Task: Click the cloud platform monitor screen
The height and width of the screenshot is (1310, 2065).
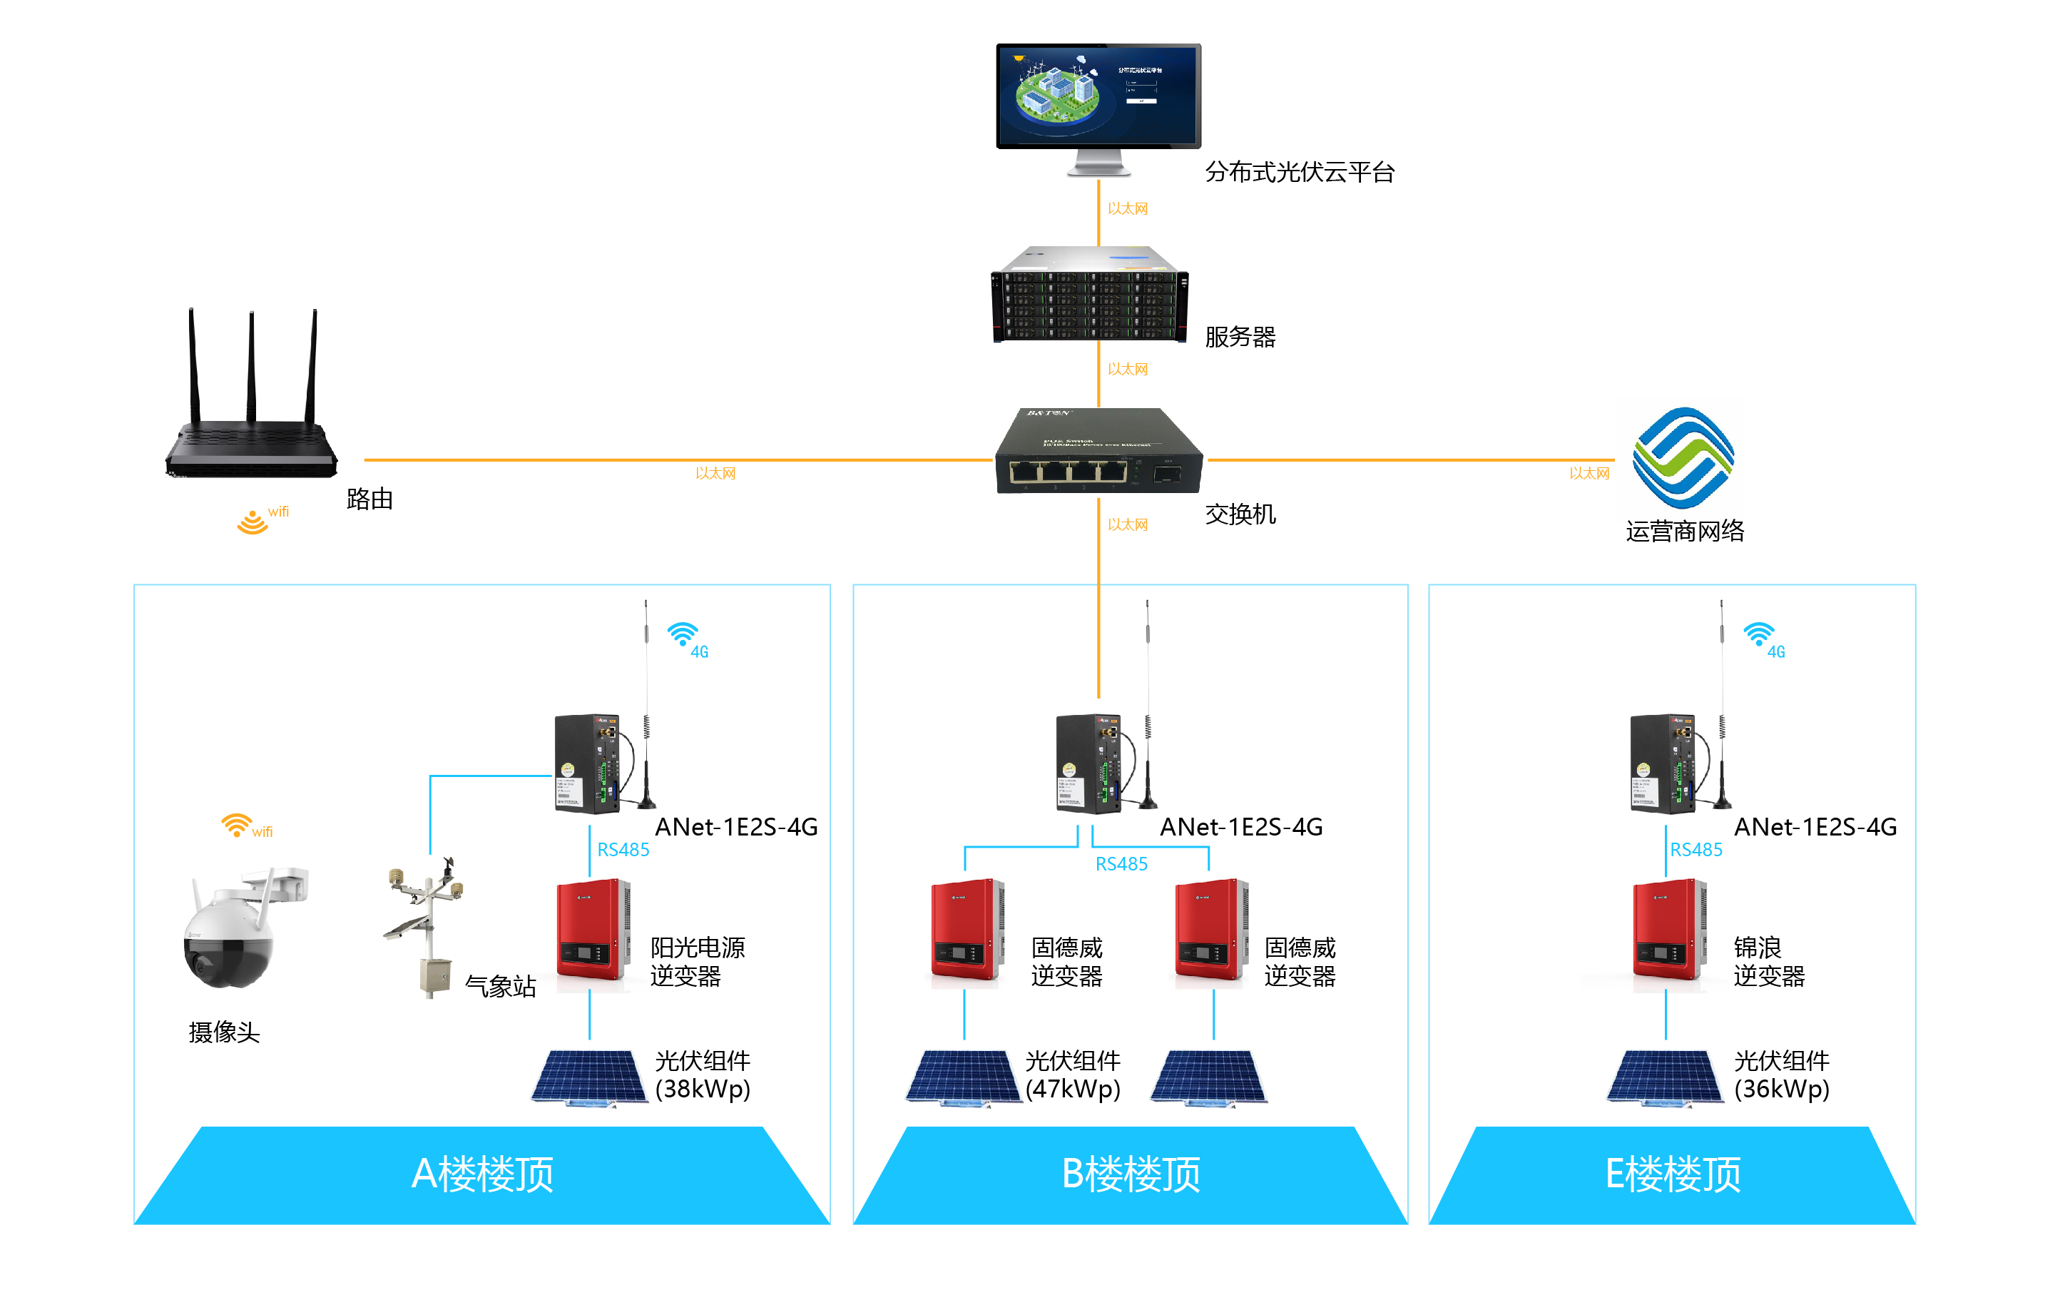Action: [1098, 96]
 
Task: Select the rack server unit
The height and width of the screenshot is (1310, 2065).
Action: [1089, 296]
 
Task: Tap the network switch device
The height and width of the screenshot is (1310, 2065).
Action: [1098, 452]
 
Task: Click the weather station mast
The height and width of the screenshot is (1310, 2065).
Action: [427, 927]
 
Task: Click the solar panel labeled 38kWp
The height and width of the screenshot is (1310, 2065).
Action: [590, 1077]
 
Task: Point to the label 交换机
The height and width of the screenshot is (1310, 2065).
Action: [1240, 514]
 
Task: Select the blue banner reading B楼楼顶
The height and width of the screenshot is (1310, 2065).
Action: [1131, 1174]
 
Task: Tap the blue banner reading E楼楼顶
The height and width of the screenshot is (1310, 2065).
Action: [1672, 1174]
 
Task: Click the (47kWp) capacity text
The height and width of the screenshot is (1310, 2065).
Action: [1073, 1090]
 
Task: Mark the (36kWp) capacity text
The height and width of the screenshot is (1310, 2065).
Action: [1781, 1090]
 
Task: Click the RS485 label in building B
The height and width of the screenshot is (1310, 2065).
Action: [1121, 864]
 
